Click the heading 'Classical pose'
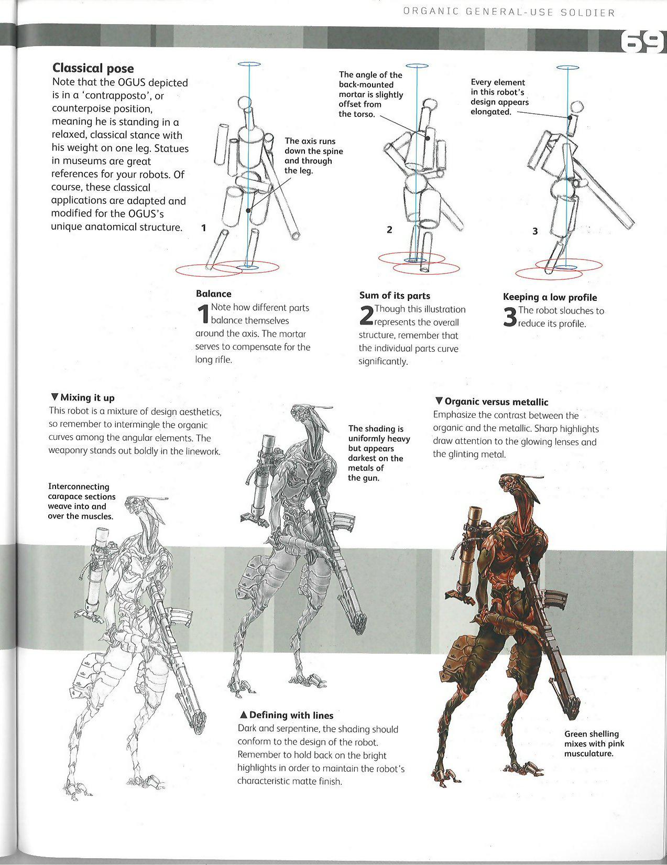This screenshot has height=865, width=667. click(93, 68)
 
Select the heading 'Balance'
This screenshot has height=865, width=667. click(213, 294)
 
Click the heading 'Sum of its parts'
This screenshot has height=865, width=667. click(395, 296)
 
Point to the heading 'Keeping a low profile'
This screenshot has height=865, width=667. click(550, 297)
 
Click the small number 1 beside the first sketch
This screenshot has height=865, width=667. click(204, 228)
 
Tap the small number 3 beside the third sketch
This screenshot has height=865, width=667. click(534, 231)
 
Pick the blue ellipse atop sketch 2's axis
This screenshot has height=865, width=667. click(417, 66)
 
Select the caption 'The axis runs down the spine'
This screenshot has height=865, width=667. click(313, 156)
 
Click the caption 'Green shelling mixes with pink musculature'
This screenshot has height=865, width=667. click(594, 743)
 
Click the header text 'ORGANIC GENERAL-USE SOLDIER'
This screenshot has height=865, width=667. click(508, 13)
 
